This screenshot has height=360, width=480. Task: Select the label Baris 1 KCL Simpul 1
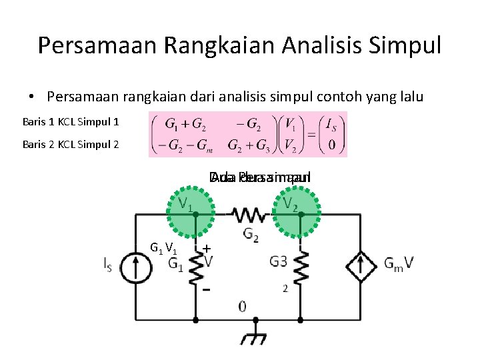click(x=71, y=123)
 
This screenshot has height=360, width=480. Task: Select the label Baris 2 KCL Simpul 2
click(x=71, y=144)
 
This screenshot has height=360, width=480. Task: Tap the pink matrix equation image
click(x=247, y=134)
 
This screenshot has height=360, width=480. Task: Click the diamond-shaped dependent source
click(x=361, y=265)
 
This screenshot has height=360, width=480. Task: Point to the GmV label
click(x=399, y=264)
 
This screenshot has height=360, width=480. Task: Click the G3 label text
click(x=278, y=262)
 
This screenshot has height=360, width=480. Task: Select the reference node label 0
click(x=241, y=307)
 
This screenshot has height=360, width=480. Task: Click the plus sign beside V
click(x=207, y=249)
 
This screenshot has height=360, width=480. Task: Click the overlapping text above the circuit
click(x=259, y=178)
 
